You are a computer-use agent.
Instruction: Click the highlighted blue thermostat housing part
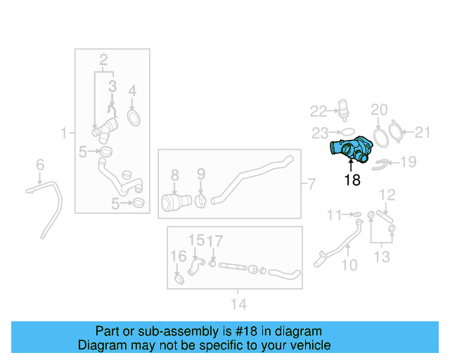coord(352,150)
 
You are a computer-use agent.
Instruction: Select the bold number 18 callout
coord(352,180)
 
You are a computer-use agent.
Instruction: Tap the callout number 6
coord(40,165)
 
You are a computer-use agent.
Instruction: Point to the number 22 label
coord(319,111)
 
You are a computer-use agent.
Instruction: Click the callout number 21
coord(423,131)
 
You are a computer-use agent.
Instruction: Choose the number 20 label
coord(379,110)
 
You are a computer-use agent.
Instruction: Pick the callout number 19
coord(409,162)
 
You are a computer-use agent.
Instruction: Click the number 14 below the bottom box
coord(238,304)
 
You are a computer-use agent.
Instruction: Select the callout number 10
coord(349,265)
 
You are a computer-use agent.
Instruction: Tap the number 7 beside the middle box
coord(310,185)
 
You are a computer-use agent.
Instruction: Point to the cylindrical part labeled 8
coord(172,202)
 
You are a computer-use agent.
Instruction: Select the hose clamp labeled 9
coord(200,200)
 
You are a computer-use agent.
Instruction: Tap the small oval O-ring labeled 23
coord(347,131)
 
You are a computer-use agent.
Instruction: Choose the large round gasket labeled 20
coord(380,134)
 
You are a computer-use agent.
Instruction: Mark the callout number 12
coord(387,194)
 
